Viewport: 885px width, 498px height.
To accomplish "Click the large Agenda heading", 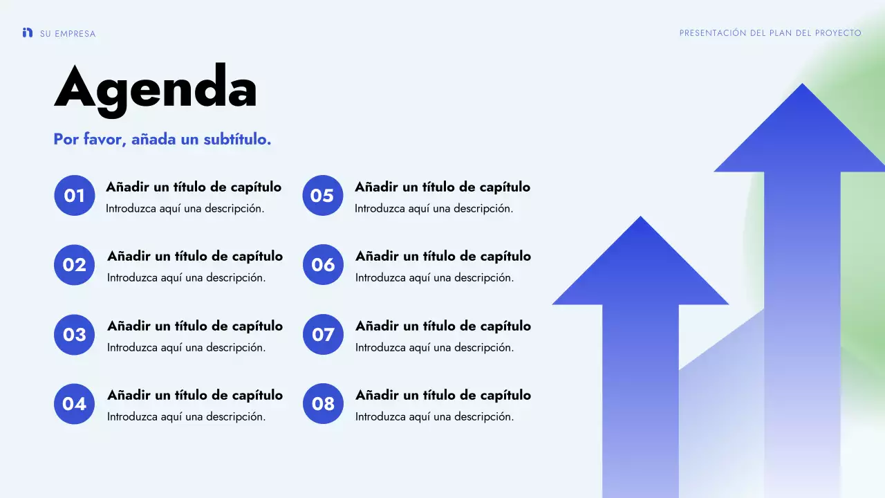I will tap(156, 88).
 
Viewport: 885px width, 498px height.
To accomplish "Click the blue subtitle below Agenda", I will tap(162, 139).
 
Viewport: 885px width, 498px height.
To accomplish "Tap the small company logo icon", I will tap(28, 33).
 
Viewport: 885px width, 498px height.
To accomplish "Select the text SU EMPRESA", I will tap(68, 34).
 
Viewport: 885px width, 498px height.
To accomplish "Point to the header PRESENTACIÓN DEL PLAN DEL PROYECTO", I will tap(770, 33).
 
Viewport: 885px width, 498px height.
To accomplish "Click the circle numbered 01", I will tap(74, 196).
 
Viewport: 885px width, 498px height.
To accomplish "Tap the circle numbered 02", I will tap(74, 265).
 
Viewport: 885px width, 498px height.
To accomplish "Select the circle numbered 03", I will tap(74, 335).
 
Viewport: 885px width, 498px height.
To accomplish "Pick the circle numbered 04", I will tap(74, 404).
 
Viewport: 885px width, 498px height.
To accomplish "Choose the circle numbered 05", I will tap(322, 196).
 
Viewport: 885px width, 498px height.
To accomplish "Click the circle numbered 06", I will tap(323, 265).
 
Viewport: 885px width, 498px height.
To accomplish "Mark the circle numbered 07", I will tap(323, 335).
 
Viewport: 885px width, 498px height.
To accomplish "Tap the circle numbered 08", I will tap(323, 404).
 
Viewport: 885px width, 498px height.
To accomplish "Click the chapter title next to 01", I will tap(194, 187).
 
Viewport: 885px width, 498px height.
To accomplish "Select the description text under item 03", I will tap(186, 347).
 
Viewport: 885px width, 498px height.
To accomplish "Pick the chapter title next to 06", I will tap(443, 256).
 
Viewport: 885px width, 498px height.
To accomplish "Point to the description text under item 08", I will tap(434, 416).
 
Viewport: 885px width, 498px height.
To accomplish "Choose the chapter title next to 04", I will tap(195, 395).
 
